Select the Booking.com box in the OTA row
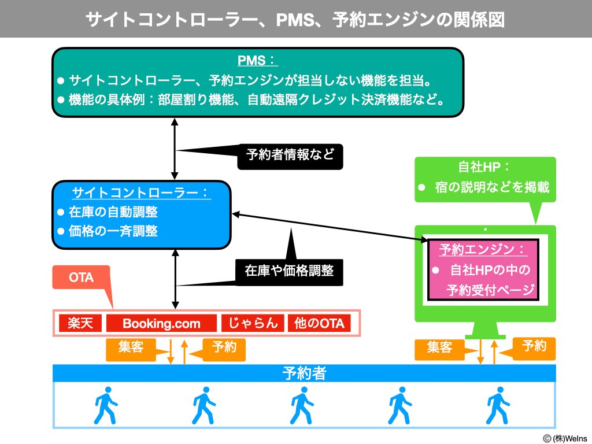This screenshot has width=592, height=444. (161, 323)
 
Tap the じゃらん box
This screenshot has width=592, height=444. (253, 323)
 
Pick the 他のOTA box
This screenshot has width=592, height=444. (319, 323)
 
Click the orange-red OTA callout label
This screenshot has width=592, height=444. (82, 277)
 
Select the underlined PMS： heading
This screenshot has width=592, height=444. (258, 61)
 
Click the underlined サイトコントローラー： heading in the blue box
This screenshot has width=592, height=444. (141, 193)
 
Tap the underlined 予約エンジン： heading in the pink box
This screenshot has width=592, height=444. (483, 250)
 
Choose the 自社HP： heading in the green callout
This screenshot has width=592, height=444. (484, 168)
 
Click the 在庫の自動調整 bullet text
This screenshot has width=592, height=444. (113, 212)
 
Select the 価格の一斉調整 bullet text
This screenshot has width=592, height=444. (113, 231)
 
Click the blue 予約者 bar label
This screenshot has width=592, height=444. (304, 373)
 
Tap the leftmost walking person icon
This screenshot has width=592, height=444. (105, 406)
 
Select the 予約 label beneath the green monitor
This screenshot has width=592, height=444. (534, 347)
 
